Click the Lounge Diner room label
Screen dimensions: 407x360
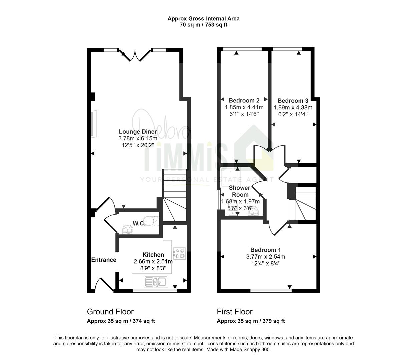point(138,132)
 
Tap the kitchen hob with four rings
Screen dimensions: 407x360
point(179,253)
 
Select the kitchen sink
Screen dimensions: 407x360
point(156,281)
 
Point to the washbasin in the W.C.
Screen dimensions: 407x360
point(127,229)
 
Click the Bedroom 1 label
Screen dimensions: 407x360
point(265,250)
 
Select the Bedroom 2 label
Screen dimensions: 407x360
point(244,100)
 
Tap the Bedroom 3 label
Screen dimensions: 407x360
point(293,100)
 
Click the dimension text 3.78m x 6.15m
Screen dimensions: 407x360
point(138,138)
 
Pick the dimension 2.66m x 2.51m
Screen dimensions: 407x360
point(153,261)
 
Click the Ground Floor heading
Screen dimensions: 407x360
point(110,312)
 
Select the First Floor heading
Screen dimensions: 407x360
point(235,312)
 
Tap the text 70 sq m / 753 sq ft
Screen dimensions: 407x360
point(203,25)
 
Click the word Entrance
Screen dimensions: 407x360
point(104,260)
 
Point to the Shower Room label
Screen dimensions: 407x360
point(240,191)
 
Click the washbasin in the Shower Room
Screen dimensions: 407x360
point(253,211)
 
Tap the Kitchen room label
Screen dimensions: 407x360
point(153,255)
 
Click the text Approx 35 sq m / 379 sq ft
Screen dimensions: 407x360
point(251,321)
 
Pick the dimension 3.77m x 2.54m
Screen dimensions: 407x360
point(265,257)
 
